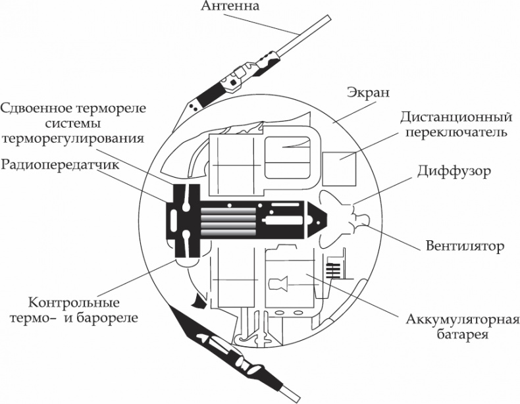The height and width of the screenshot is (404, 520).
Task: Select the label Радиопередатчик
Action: (x=60, y=164)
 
